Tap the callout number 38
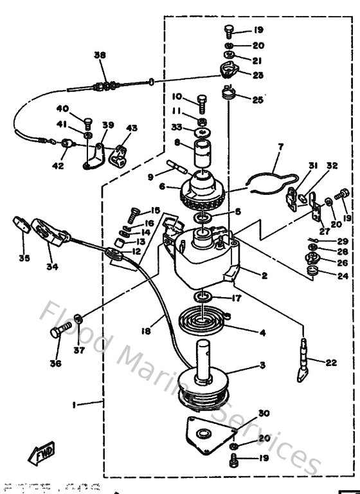click(x=99, y=55)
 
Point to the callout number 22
click(x=331, y=363)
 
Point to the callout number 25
click(x=258, y=100)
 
